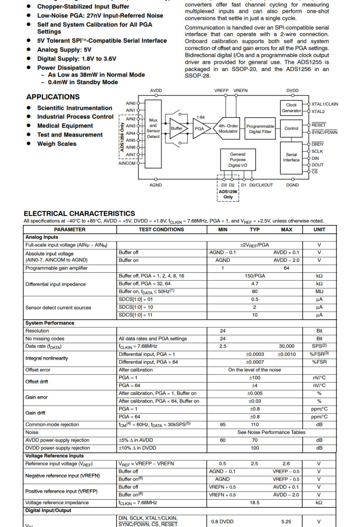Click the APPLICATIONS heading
pyautogui.click(x=53, y=97)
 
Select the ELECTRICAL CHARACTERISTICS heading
pyautogui.click(x=79, y=213)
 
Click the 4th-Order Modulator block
pyautogui.click(x=228, y=128)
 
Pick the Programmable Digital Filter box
pyautogui.click(x=261, y=129)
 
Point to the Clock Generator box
pyautogui.click(x=291, y=107)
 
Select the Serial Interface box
pyautogui.click(x=291, y=157)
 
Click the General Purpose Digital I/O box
pyautogui.click(x=237, y=160)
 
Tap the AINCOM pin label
pyautogui.click(x=127, y=163)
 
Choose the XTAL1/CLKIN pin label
pyautogui.click(x=325, y=104)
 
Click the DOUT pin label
pyautogui.click(x=318, y=165)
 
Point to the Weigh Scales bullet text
pyautogui.click(x=57, y=144)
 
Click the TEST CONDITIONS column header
pyautogui.click(x=161, y=230)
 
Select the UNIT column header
pyautogui.click(x=319, y=230)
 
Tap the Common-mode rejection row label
pyautogui.click(x=52, y=425)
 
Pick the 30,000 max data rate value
pyautogui.click(x=287, y=346)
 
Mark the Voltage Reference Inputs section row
pyautogui.click(x=55, y=455)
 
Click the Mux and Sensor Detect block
pyautogui.click(x=153, y=128)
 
